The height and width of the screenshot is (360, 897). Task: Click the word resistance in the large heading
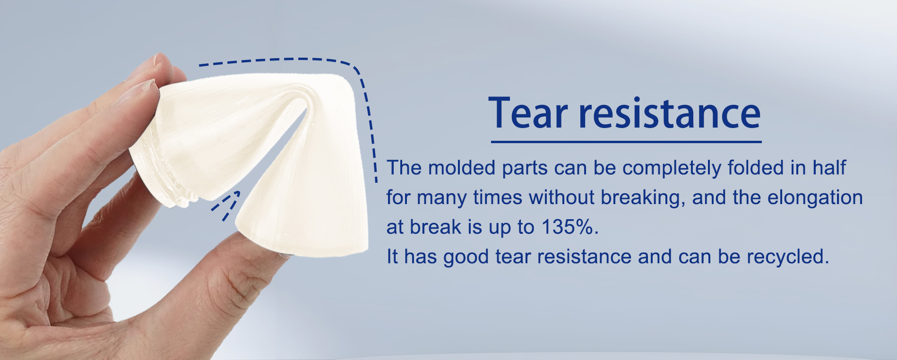point(670,113)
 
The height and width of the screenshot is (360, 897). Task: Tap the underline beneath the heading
point(626,141)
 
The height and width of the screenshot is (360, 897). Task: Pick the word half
point(829,168)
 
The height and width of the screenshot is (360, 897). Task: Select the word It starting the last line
point(392,257)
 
